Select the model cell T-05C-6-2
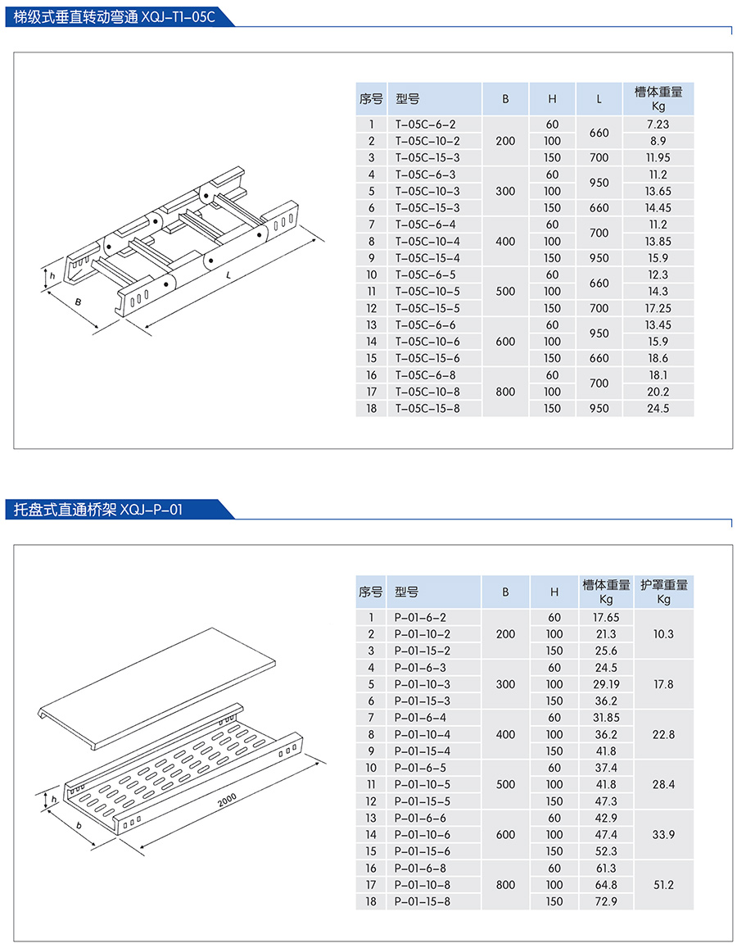[425, 125]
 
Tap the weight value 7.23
[658, 125]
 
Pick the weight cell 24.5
[658, 408]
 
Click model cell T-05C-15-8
[427, 408]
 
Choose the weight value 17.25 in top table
[658, 308]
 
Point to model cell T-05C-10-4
[427, 241]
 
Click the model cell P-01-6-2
[421, 617]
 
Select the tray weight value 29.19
[607, 684]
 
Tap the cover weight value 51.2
[664, 885]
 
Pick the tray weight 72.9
[607, 901]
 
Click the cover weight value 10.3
[664, 634]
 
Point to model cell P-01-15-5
[423, 801]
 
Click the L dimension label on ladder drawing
[228, 275]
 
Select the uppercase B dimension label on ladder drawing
[78, 302]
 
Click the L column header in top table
[599, 99]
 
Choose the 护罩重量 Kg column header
[664, 592]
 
